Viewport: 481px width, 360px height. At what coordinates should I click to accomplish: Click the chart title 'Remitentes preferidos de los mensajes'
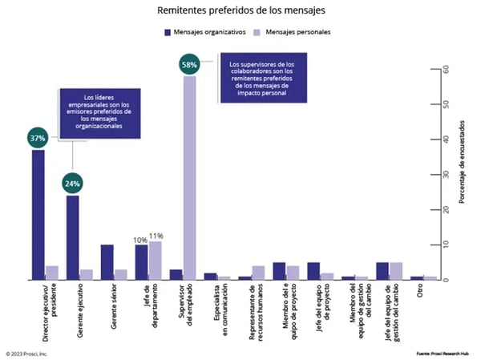pos(240,11)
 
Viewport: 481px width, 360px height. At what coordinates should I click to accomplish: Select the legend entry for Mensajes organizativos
pos(206,32)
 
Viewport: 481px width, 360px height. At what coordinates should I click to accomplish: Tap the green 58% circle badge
pos(190,64)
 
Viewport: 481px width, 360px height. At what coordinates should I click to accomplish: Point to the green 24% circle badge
pos(73,183)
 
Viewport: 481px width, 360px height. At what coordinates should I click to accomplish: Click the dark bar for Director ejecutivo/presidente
pos(38,215)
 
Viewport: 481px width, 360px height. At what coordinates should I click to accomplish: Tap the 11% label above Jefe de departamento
pos(156,236)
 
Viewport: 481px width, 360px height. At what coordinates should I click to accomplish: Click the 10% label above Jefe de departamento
pos(140,239)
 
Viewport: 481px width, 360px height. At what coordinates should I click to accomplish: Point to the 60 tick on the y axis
pos(435,70)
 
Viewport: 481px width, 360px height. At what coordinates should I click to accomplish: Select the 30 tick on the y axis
pos(435,175)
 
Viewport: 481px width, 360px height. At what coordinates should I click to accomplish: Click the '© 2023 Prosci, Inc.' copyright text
pos(27,352)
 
